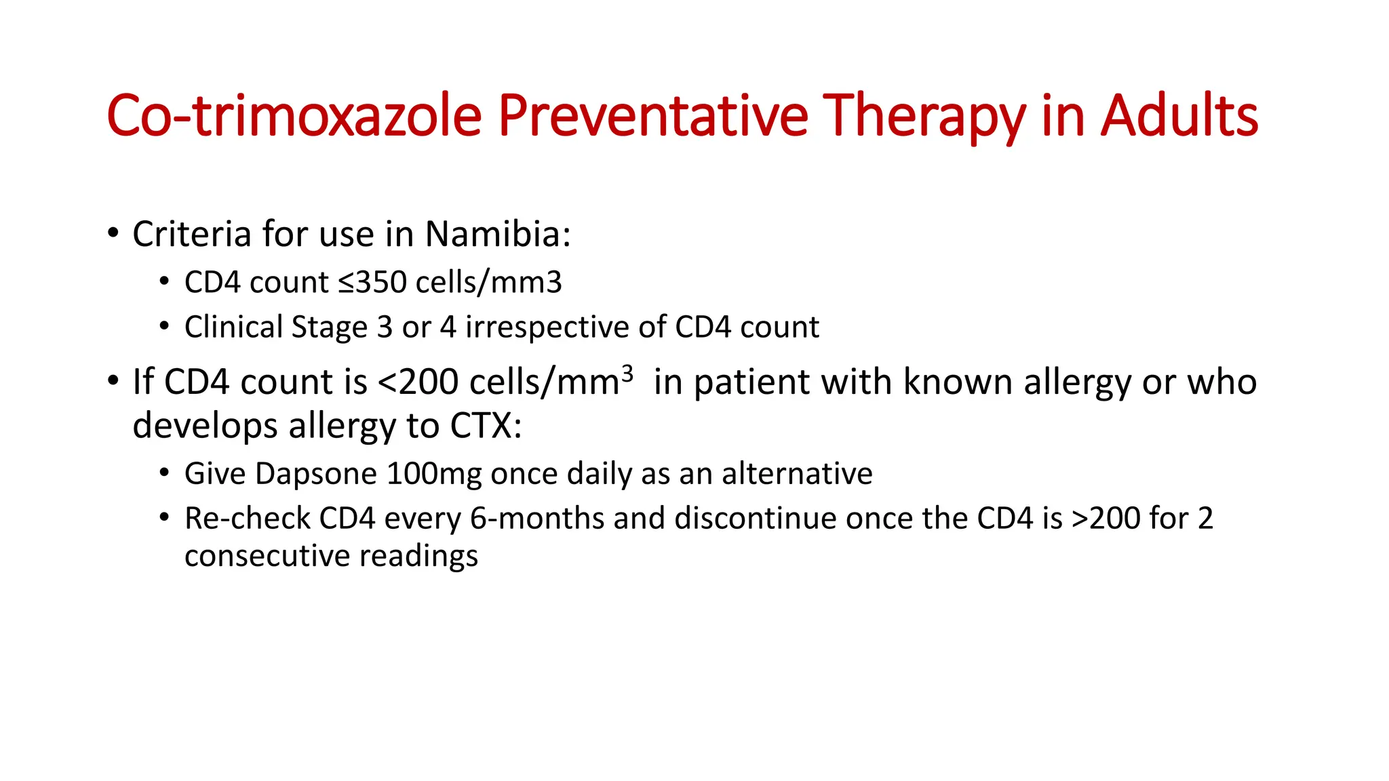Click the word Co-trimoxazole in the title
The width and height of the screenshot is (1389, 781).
coord(294,116)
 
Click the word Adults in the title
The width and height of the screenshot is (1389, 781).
coord(1179,116)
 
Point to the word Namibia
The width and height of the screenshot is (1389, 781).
coord(498,235)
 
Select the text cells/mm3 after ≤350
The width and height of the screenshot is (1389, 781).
coord(488,283)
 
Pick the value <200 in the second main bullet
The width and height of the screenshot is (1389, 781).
coord(418,382)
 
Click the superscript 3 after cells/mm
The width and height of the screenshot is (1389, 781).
coord(627,373)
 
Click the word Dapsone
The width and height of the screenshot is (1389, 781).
coord(316,474)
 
